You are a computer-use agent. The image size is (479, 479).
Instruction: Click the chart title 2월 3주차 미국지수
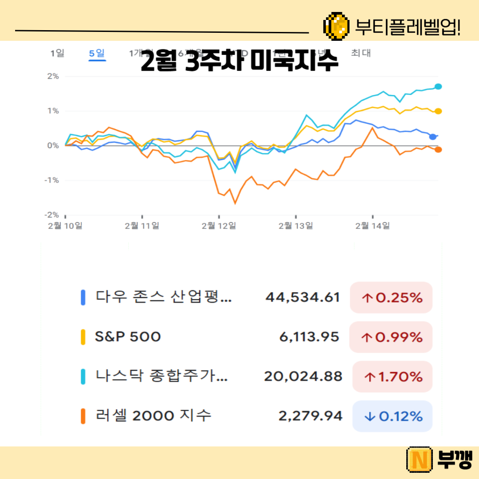coord(239,63)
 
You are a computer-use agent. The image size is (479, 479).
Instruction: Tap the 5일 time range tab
coord(97,54)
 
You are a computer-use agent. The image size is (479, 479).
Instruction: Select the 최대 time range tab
coord(361,53)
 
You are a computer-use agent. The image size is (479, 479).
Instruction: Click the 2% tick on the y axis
coord(53,76)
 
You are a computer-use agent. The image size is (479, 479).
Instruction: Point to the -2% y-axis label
coord(52,215)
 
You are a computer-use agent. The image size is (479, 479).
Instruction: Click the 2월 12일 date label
coord(219,226)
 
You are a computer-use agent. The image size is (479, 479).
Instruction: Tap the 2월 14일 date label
coord(373,226)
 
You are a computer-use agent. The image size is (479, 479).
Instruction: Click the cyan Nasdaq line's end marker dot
coord(438,86)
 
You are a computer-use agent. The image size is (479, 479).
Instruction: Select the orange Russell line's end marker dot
coord(438,150)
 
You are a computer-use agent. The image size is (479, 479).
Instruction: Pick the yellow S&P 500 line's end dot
coord(438,111)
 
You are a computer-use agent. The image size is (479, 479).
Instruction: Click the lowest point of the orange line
coord(235,204)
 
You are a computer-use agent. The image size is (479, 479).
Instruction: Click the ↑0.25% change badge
coord(391,298)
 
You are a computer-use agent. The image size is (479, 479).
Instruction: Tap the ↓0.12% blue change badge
coord(392,416)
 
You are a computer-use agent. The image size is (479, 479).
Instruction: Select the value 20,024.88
coord(303,377)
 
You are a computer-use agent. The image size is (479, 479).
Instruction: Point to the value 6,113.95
coord(309,337)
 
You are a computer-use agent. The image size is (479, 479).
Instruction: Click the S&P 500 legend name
coord(128,337)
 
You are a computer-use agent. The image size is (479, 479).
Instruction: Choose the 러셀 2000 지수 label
coord(153,416)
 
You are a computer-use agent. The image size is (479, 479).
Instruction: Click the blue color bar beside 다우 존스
coord(83,297)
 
